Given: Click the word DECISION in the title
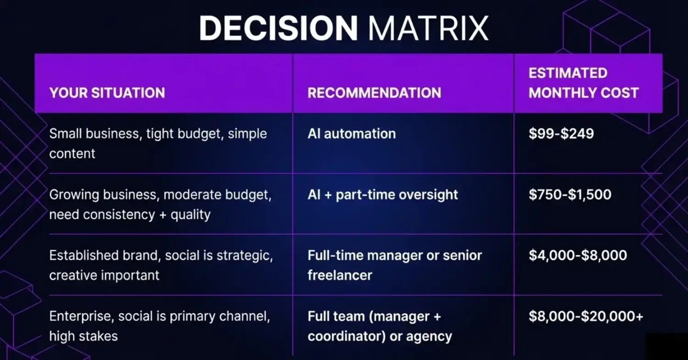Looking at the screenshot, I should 278,28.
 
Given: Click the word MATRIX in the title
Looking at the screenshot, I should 428,28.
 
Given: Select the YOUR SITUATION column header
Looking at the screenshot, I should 107,93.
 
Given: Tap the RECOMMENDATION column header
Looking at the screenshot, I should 374,93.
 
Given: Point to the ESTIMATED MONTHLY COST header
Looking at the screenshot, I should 583,83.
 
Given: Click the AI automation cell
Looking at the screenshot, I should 351,134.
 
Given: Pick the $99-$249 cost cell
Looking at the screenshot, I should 561,134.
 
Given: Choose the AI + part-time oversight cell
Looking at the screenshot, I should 383,194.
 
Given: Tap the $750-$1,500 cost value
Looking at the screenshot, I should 570,194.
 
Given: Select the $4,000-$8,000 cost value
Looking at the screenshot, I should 577,255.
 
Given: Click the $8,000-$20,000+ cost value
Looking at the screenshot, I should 586,316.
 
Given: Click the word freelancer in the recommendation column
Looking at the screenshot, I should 339,275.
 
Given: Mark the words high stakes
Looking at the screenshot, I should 83,336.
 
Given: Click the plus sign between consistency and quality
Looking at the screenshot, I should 162,215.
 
